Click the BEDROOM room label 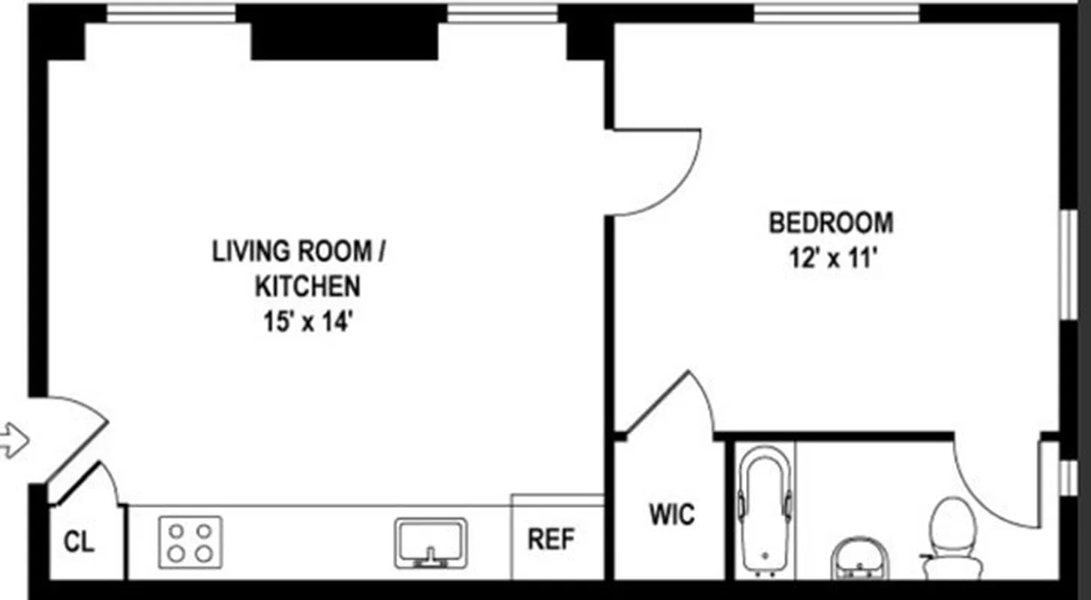pyautogui.click(x=831, y=223)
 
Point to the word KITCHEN pyautogui.click(x=307, y=286)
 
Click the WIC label pyautogui.click(x=671, y=515)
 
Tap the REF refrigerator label pyautogui.click(x=551, y=539)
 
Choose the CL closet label pyautogui.click(x=79, y=542)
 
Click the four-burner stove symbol pyautogui.click(x=190, y=542)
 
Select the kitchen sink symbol pyautogui.click(x=431, y=542)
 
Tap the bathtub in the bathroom pyautogui.click(x=764, y=510)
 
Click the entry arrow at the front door pyautogui.click(x=13, y=439)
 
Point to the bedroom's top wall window pyautogui.click(x=836, y=13)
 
